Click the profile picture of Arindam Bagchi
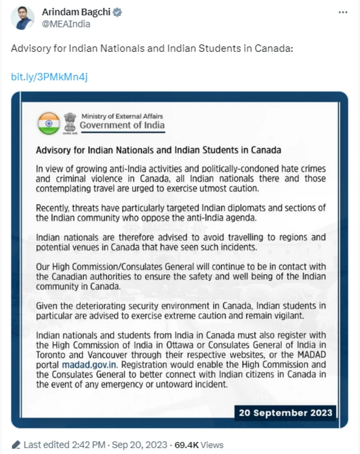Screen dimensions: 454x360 pyautogui.click(x=23, y=19)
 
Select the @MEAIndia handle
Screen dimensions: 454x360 pyautogui.click(x=66, y=24)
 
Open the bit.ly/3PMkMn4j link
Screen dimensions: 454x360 pyautogui.click(x=49, y=77)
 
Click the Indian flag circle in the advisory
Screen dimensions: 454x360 pyautogui.click(x=49, y=123)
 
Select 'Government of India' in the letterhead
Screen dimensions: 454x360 pyautogui.click(x=122, y=125)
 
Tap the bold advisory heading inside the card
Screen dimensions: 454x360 pyautogui.click(x=158, y=150)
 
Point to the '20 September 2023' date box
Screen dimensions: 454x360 pyautogui.click(x=285, y=412)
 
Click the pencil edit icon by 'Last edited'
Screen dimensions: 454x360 pyautogui.click(x=16, y=445)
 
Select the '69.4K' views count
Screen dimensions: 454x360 pyautogui.click(x=186, y=445)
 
